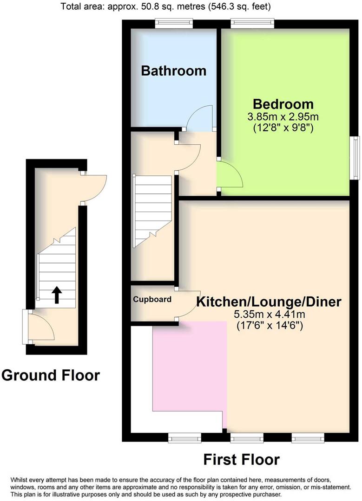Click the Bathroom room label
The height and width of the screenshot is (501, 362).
click(173, 71)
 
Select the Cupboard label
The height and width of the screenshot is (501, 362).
click(152, 300)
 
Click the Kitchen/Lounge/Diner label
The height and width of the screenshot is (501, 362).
click(269, 302)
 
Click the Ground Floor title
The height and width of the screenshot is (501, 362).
click(50, 375)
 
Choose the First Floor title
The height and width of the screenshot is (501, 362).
click(241, 459)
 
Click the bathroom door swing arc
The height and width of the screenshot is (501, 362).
click(200, 116)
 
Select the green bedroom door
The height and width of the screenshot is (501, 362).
click(230, 174)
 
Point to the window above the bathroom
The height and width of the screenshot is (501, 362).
click(174, 22)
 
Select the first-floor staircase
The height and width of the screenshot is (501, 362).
click(152, 211)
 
